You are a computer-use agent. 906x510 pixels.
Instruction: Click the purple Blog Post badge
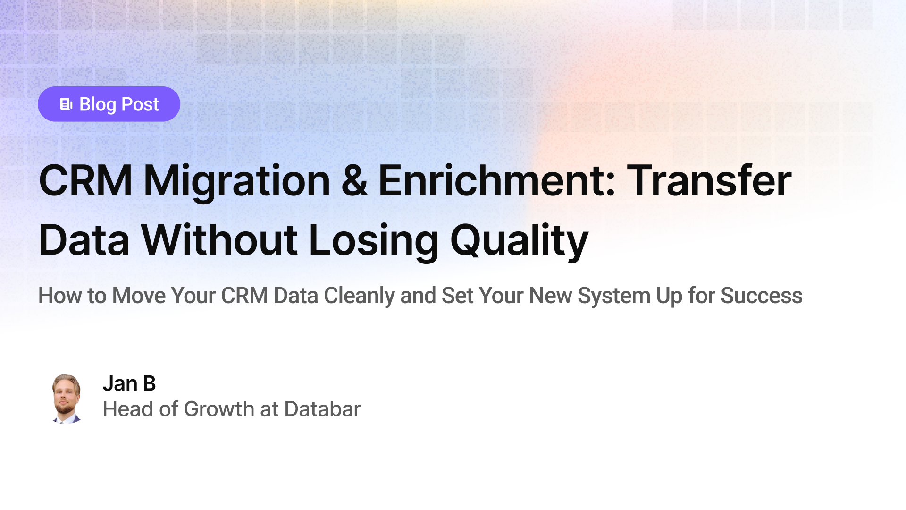click(x=109, y=104)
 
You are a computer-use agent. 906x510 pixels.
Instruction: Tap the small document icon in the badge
click(x=66, y=104)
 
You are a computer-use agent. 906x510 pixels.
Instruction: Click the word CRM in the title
click(x=85, y=181)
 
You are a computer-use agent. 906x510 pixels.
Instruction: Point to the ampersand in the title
click(x=354, y=181)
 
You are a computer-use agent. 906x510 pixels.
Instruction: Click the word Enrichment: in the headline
click(x=497, y=181)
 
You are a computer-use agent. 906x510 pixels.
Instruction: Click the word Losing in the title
click(x=373, y=241)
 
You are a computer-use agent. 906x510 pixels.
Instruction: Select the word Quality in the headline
click(x=519, y=241)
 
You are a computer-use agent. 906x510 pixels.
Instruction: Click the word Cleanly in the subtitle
click(x=359, y=296)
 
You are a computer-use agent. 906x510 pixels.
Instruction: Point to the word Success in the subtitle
click(x=761, y=296)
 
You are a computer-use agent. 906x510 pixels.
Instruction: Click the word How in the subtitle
click(x=59, y=296)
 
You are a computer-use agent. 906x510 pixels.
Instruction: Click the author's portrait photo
click(x=66, y=399)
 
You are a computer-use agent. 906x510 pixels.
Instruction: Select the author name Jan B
click(x=129, y=383)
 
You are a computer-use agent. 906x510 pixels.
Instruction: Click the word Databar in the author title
click(x=322, y=409)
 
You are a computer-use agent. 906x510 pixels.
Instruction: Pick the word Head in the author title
click(x=128, y=409)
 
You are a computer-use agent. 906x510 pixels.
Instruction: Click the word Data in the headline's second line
click(x=84, y=240)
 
